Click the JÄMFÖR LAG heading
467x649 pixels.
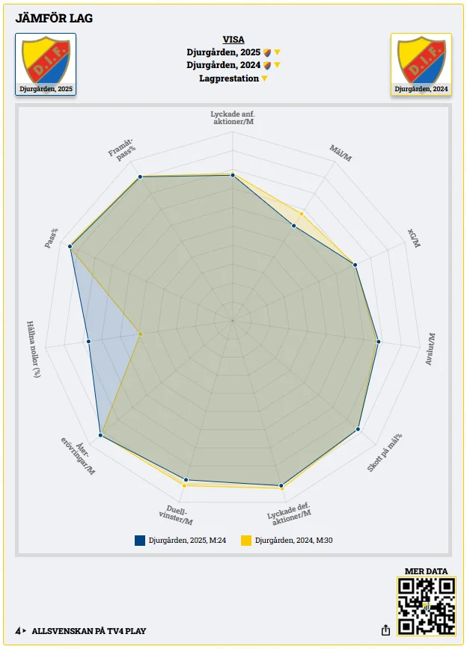tap(54, 18)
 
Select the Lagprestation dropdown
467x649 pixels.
tap(233, 79)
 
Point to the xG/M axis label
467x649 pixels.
tap(414, 239)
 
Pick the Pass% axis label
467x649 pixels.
tap(51, 239)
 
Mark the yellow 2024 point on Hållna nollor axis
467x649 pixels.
tap(140, 333)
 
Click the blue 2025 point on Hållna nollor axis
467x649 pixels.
tap(88, 342)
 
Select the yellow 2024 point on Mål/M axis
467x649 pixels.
tap(303, 214)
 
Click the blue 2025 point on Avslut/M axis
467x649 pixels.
tap(379, 342)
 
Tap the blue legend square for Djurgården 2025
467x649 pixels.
tap(140, 540)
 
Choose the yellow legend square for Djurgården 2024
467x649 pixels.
tap(245, 540)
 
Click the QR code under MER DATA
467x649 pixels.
tap(427, 606)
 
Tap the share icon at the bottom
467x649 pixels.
tap(385, 630)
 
